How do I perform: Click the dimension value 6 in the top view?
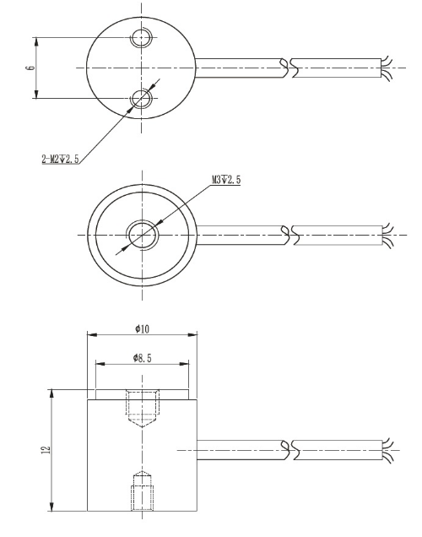coord(30,68)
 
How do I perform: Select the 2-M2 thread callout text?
coord(60,159)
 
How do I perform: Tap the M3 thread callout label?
coord(225,180)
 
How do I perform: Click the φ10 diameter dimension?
coord(142,328)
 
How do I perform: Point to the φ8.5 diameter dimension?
coord(143,359)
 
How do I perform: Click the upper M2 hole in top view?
coord(141,38)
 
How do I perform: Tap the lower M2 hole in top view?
coord(141,99)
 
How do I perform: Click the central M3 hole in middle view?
coord(141,234)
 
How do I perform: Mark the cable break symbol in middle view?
coord(287,234)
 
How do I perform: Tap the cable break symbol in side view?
coord(287,448)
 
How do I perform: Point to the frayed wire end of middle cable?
coord(387,234)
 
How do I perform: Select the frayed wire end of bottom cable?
coord(387,448)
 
